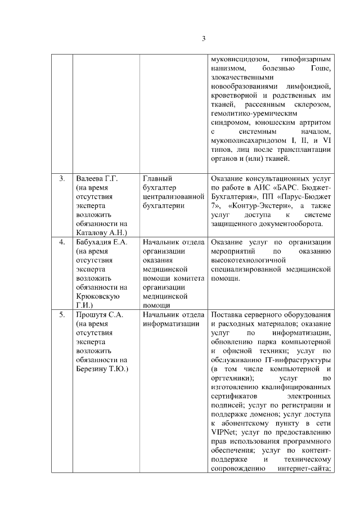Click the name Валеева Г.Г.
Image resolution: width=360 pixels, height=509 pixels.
(x=96, y=178)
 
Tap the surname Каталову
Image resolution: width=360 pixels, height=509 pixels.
(x=89, y=232)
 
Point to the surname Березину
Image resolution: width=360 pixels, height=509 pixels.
(x=91, y=369)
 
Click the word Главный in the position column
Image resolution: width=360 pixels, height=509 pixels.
(x=157, y=178)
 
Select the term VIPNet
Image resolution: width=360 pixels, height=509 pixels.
(x=224, y=432)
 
